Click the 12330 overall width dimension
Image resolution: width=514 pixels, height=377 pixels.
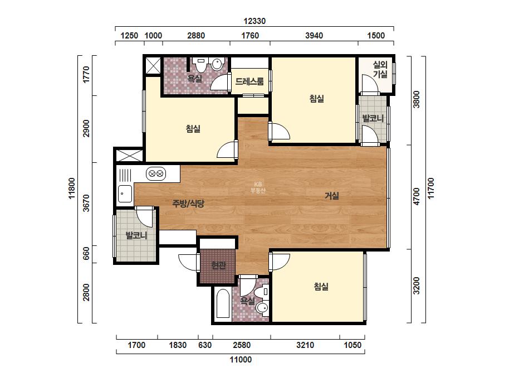click(x=254, y=21)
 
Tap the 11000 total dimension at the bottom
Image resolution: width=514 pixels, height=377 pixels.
click(x=241, y=360)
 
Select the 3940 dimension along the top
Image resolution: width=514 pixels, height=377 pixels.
click(x=314, y=36)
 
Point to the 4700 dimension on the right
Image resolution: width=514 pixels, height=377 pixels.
click(x=417, y=196)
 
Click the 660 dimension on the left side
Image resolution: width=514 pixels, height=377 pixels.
click(x=86, y=253)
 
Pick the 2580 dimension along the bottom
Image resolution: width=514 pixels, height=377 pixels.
click(x=242, y=345)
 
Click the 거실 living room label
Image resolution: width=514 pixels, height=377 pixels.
click(x=332, y=196)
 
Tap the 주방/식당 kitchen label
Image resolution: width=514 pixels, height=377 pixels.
click(x=188, y=204)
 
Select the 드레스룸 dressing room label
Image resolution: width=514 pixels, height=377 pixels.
click(x=249, y=81)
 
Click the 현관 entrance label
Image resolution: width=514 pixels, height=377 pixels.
click(x=218, y=265)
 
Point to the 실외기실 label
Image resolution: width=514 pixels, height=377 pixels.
click(x=380, y=70)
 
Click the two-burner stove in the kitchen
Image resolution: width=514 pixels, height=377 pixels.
click(x=156, y=173)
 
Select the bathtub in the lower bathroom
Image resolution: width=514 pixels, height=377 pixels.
click(x=223, y=303)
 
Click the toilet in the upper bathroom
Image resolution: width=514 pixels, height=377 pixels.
click(x=200, y=65)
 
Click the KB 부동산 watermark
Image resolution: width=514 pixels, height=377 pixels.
click(x=258, y=187)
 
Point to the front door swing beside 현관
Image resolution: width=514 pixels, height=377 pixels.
click(x=188, y=262)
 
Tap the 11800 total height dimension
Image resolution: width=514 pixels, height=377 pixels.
click(x=72, y=188)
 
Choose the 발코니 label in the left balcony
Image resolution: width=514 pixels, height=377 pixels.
click(x=136, y=235)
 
